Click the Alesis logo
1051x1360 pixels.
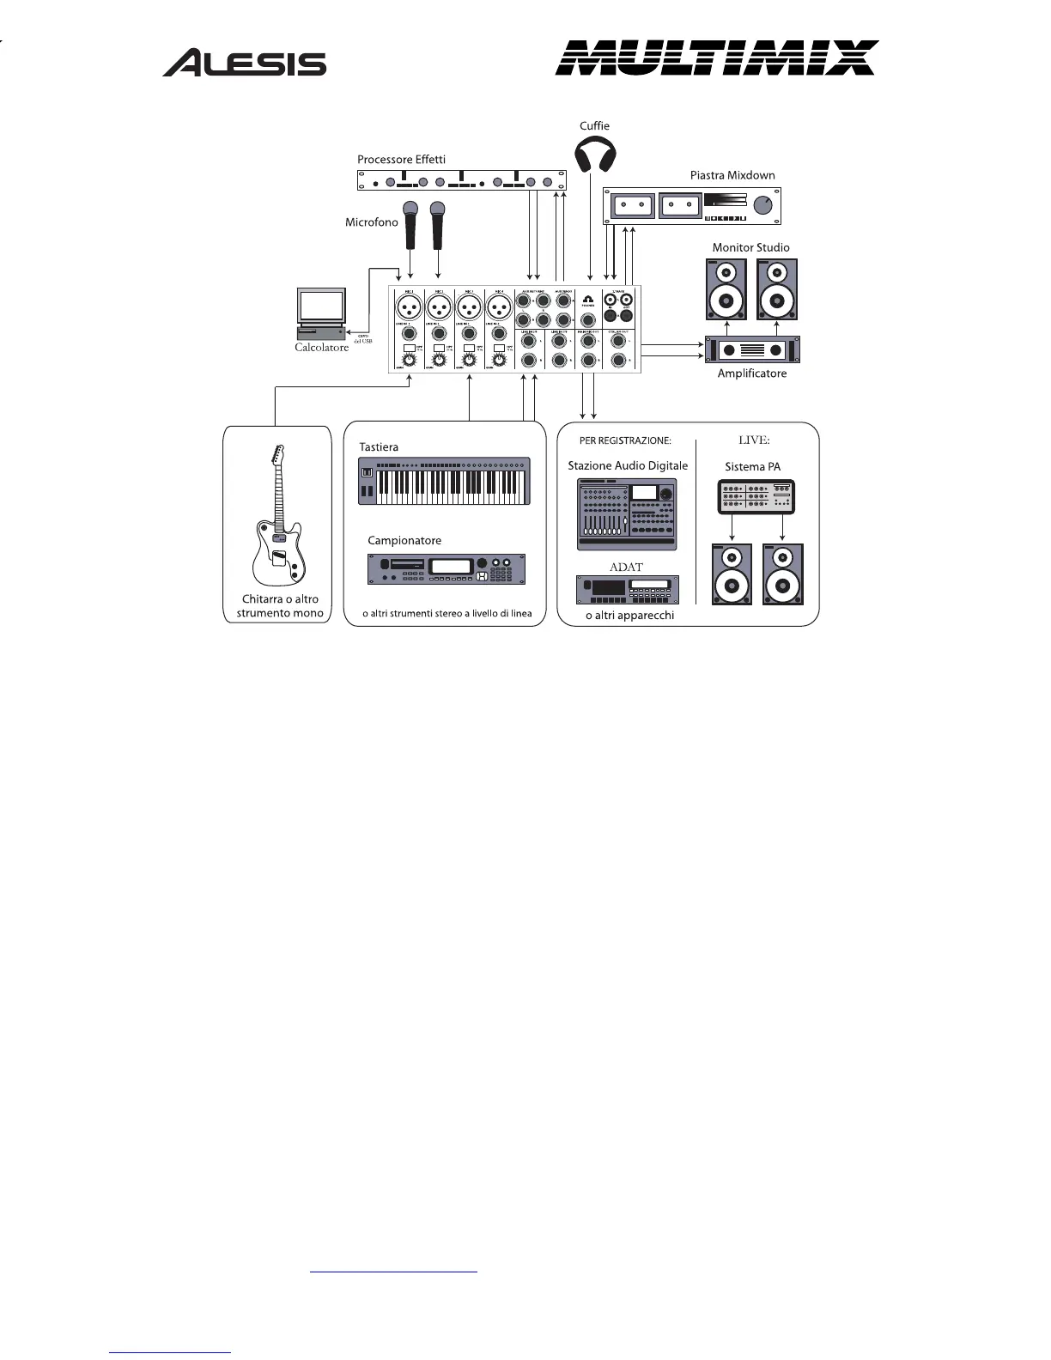[245, 63]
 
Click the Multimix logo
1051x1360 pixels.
[716, 58]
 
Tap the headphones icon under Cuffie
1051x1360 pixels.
[594, 156]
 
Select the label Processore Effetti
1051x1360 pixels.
[401, 160]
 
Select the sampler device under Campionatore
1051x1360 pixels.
[446, 569]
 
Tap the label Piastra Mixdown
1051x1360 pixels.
[732, 175]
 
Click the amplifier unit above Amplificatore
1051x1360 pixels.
[752, 349]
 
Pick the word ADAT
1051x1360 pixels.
[626, 567]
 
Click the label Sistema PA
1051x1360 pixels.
[752, 467]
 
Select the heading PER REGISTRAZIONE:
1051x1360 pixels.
[625, 441]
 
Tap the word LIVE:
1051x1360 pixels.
[754, 440]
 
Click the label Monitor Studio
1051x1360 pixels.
[750, 247]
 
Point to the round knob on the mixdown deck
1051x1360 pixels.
[762, 206]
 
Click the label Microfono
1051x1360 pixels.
[372, 222]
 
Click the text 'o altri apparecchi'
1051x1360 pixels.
[629, 616]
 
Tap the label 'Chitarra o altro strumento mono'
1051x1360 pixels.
[280, 606]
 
